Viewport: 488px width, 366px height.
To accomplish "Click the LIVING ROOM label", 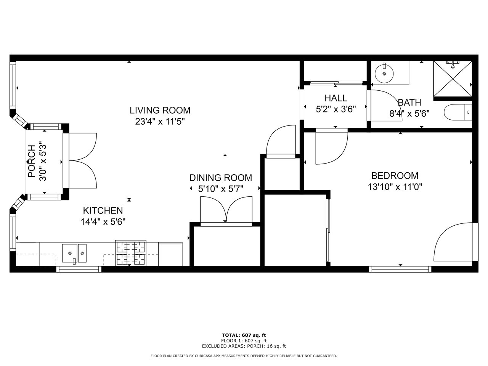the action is click(x=160, y=110).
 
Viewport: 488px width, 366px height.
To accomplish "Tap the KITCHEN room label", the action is click(x=103, y=210).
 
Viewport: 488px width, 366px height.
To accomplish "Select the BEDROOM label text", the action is click(x=395, y=176).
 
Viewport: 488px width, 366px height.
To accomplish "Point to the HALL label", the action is click(x=336, y=98).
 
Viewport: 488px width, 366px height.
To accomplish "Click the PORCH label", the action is click(x=32, y=161).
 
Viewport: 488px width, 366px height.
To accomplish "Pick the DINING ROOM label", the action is click(x=221, y=178).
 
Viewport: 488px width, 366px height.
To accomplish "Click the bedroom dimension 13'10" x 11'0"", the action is click(x=395, y=187).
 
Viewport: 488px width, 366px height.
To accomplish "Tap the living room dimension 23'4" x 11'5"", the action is click(x=160, y=122).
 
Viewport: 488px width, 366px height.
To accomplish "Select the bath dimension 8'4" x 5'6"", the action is click(x=409, y=114).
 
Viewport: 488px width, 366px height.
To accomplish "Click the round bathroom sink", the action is click(x=384, y=73).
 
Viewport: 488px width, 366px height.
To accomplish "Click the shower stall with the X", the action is click(x=453, y=79).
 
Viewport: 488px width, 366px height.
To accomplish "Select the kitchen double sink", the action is click(x=74, y=253).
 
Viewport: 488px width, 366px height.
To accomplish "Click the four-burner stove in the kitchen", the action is click(x=131, y=253).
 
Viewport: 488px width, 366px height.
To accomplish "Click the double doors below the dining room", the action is click(x=226, y=210).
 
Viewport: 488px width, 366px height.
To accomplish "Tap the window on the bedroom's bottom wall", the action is click(x=400, y=269).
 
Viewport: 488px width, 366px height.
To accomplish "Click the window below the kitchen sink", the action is click(x=79, y=269).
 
